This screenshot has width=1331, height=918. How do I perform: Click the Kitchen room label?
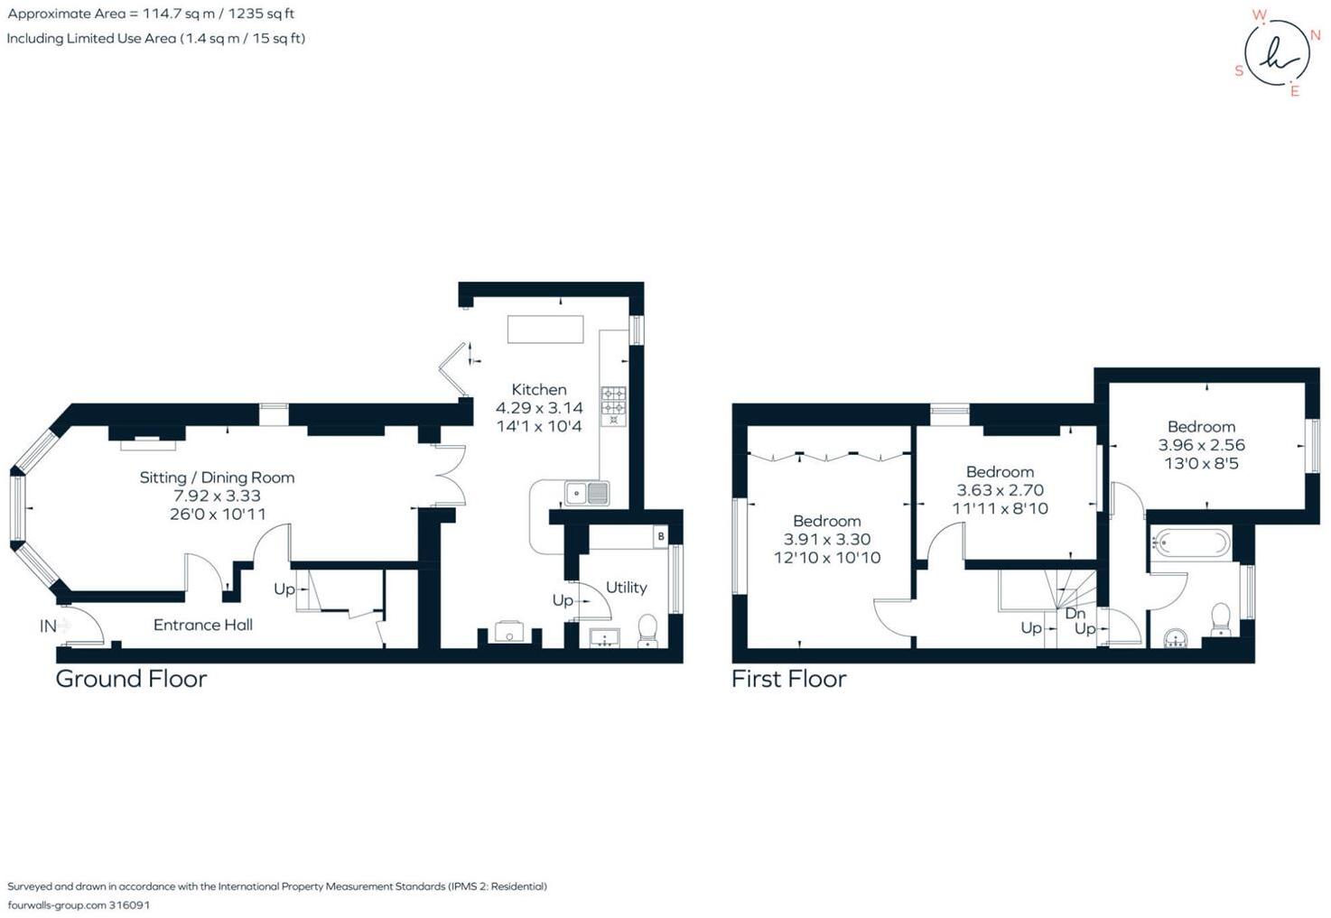coord(539,390)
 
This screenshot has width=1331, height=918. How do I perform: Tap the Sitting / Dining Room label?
coord(217,478)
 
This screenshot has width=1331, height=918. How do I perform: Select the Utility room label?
coord(626,588)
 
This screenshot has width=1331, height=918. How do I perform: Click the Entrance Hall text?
coord(202,625)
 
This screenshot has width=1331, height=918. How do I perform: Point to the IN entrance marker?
coord(48,626)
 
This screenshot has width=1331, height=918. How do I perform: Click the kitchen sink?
coord(587,493)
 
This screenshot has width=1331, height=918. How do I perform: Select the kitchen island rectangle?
coord(545,329)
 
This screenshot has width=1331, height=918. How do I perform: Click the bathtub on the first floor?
coord(1191,544)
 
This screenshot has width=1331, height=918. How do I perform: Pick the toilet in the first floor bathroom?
coord(1221,618)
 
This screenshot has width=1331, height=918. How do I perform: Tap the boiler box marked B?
coord(661,536)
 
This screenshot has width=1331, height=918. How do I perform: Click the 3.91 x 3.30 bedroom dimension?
coord(827,540)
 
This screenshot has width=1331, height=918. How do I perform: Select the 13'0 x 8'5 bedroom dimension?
coord(1201,464)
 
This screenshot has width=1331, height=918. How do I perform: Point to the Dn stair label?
coord(1075,613)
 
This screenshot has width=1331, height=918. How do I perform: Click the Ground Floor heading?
coord(131,679)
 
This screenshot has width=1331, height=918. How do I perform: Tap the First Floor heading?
coord(788,679)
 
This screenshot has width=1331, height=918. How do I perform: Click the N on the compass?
coord(1316,35)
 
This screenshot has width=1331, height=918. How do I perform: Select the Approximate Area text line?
coord(151,14)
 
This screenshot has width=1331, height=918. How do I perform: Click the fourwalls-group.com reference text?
coord(79,904)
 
